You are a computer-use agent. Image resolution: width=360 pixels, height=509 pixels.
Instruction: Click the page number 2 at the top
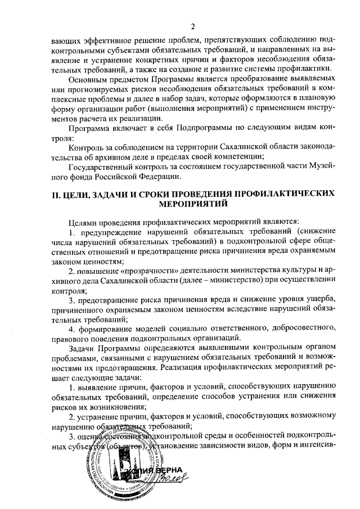pos(192,26)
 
